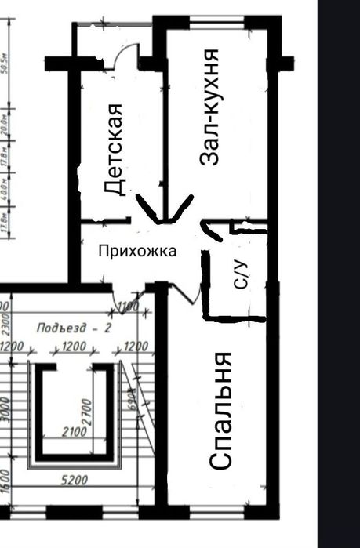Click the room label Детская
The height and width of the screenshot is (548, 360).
pyautogui.click(x=115, y=149)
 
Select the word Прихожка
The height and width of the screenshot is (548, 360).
pyautogui.click(x=136, y=251)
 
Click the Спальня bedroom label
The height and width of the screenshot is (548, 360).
pyautogui.click(x=222, y=411)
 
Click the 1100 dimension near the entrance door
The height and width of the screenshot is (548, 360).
pyautogui.click(x=127, y=306)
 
